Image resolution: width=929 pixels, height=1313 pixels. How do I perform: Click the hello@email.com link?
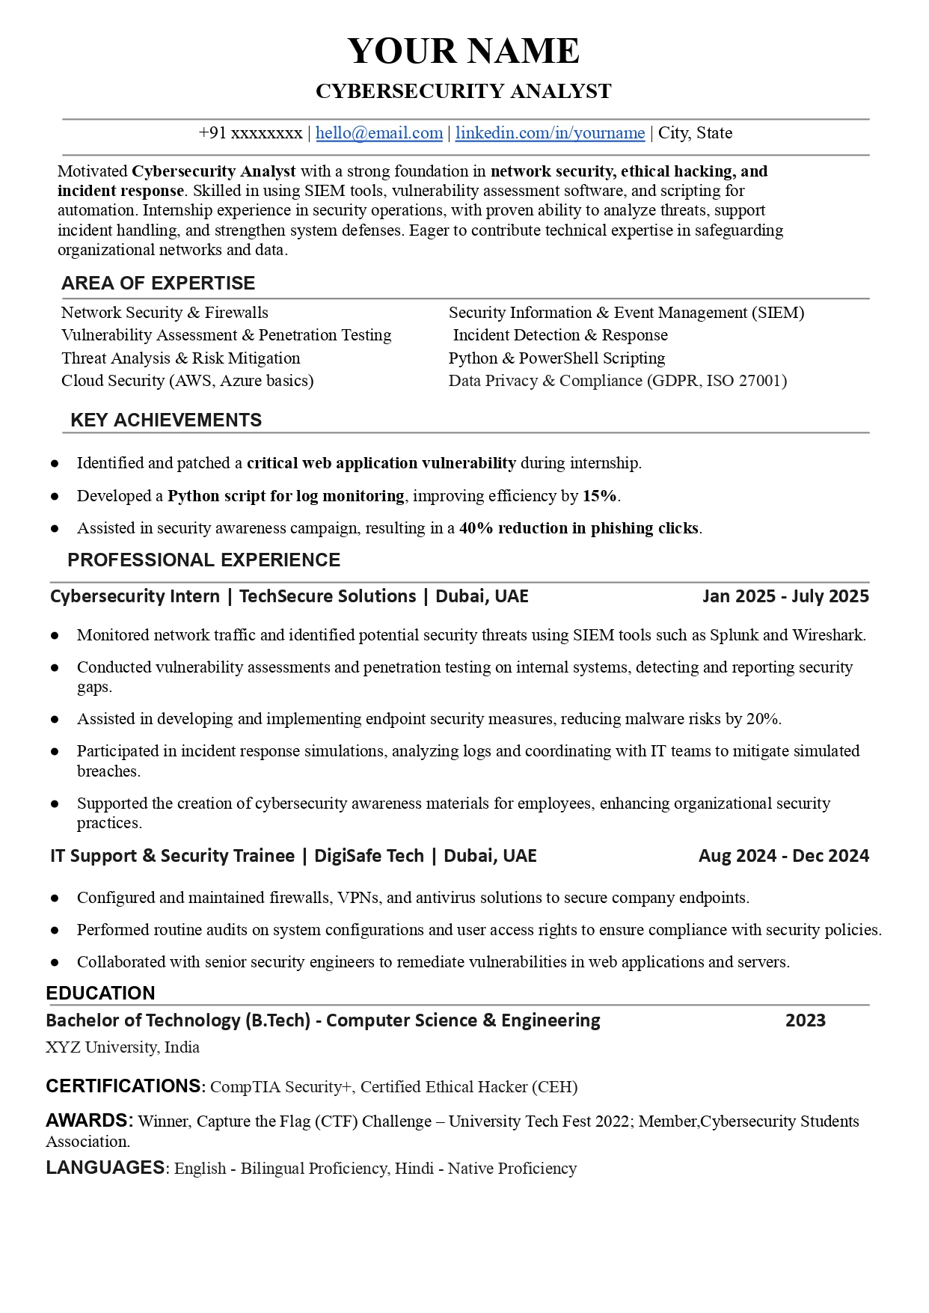point(378,133)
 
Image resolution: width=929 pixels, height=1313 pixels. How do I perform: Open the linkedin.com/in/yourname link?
point(550,133)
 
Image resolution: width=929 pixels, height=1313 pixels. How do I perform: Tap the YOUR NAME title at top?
point(464,51)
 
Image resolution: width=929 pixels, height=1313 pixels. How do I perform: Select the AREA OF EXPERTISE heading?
point(158,284)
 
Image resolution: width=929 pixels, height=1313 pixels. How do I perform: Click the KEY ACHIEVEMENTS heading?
point(166,420)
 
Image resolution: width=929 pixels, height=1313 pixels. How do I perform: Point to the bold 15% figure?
point(600,496)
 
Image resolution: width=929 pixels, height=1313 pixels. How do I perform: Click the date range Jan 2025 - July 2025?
point(785,596)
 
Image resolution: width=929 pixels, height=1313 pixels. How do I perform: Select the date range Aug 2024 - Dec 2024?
point(783,856)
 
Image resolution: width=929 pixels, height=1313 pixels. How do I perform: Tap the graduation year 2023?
point(805,1020)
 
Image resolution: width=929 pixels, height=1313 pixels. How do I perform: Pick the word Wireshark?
point(827,635)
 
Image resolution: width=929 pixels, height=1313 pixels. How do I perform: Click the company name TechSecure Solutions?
point(328,596)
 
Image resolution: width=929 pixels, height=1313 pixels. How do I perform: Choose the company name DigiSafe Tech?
point(369,856)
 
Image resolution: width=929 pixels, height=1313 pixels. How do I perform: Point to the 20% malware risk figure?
point(762,719)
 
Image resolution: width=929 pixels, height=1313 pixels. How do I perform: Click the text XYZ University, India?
point(123,1047)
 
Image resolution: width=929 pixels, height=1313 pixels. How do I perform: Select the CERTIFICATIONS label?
point(125,1086)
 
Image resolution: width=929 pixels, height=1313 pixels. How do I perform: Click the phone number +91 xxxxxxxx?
point(250,133)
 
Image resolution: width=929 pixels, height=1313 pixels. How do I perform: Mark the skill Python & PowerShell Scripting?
point(557,358)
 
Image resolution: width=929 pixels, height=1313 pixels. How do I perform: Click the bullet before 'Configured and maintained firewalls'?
point(55,898)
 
